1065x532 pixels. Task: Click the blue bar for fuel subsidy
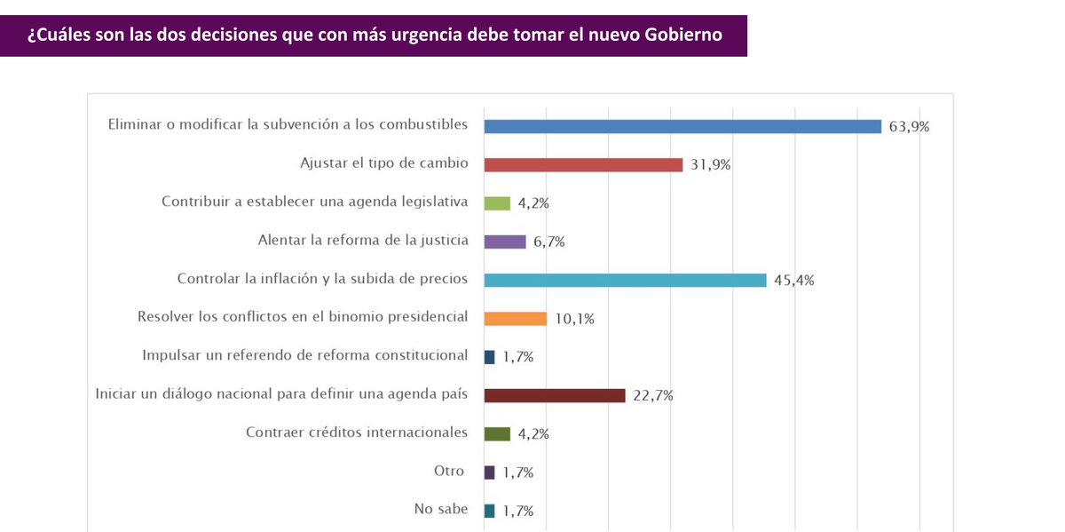(x=682, y=126)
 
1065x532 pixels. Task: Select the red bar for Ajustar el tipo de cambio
(x=583, y=164)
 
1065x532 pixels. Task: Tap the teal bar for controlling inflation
(x=625, y=280)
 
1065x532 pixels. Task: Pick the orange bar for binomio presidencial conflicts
(x=515, y=319)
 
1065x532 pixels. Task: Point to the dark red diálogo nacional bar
(x=555, y=395)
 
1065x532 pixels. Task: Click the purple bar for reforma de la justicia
(x=505, y=242)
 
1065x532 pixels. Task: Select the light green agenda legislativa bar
(x=497, y=203)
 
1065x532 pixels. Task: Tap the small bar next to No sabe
(x=490, y=511)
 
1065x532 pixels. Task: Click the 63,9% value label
(x=910, y=126)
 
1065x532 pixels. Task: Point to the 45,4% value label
(x=793, y=281)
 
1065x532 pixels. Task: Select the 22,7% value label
(x=652, y=396)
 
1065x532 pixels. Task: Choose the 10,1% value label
(x=574, y=319)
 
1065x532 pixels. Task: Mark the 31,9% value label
(x=710, y=165)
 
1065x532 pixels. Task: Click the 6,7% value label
(x=548, y=242)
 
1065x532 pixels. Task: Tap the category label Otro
(x=448, y=471)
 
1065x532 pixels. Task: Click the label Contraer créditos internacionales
(x=356, y=433)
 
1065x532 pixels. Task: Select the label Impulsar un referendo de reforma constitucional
(x=304, y=355)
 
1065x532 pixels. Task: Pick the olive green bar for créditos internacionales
(x=497, y=434)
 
